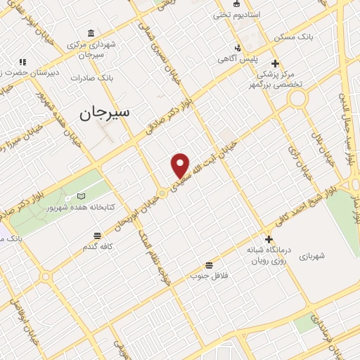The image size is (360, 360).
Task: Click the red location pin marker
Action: coord(181,165)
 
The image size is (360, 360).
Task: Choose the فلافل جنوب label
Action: coord(209,276)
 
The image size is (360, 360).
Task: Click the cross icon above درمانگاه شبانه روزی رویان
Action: coord(267,239)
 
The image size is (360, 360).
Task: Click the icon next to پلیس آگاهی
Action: coord(238,48)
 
